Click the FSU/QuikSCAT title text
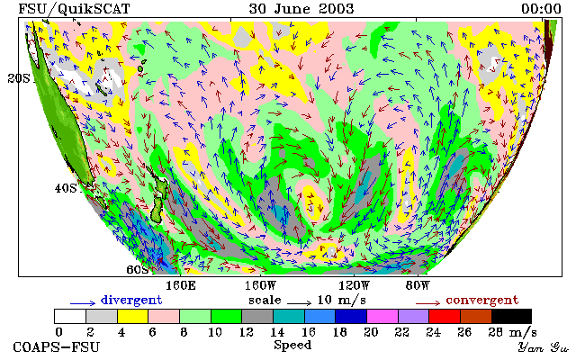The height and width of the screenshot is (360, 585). click(74, 9)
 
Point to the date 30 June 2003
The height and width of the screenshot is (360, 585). click(301, 9)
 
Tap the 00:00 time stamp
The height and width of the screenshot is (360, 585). click(541, 9)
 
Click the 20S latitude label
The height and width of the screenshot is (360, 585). click(19, 78)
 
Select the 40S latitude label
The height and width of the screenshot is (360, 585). click(66, 188)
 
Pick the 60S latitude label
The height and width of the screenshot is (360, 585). click(138, 269)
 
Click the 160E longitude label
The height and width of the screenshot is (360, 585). click(181, 286)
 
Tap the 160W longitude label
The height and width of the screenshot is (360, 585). click(260, 286)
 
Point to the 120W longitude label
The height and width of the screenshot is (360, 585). click(354, 286)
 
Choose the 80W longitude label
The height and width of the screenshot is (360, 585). click(418, 286)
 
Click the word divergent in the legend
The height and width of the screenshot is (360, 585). click(131, 301)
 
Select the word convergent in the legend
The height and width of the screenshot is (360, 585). click(482, 301)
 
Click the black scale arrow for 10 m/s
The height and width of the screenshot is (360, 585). click(299, 303)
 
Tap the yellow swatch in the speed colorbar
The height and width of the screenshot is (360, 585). click(133, 317)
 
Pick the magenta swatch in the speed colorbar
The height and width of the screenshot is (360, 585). click(382, 317)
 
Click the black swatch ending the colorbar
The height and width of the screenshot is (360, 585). click(511, 317)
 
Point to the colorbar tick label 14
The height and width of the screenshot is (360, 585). click(277, 332)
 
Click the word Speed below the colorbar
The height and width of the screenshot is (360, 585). click(292, 345)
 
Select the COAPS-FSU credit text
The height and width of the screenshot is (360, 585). click(57, 346)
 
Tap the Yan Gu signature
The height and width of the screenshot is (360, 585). click(544, 347)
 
